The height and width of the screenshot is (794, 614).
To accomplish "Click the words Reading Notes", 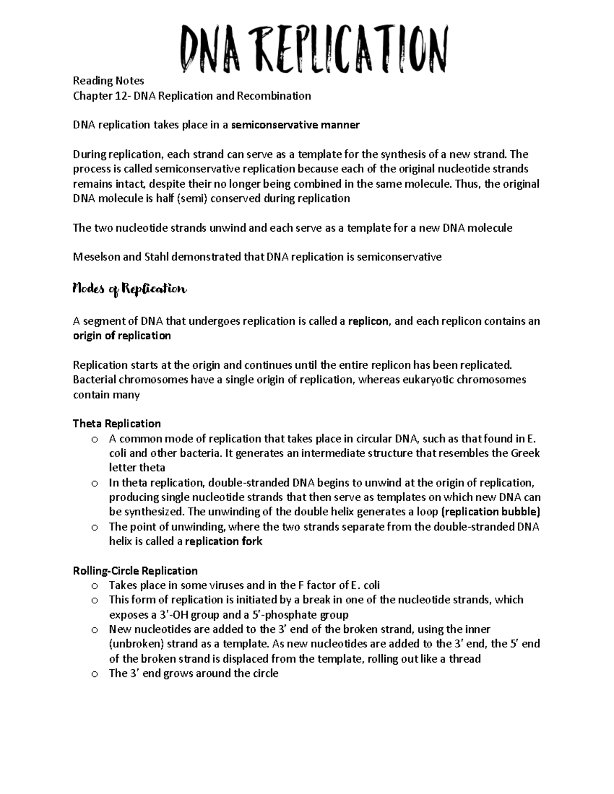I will click(x=108, y=81).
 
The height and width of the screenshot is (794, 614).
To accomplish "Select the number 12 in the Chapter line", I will click(x=121, y=96).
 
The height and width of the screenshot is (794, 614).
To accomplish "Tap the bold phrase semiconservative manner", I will click(x=295, y=125).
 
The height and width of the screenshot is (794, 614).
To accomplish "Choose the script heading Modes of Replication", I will click(x=130, y=289).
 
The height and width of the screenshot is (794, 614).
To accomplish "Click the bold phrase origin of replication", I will click(x=122, y=336).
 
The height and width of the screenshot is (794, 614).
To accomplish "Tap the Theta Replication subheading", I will click(x=117, y=424).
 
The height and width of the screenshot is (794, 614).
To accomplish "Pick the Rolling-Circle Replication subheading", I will click(x=135, y=571).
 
